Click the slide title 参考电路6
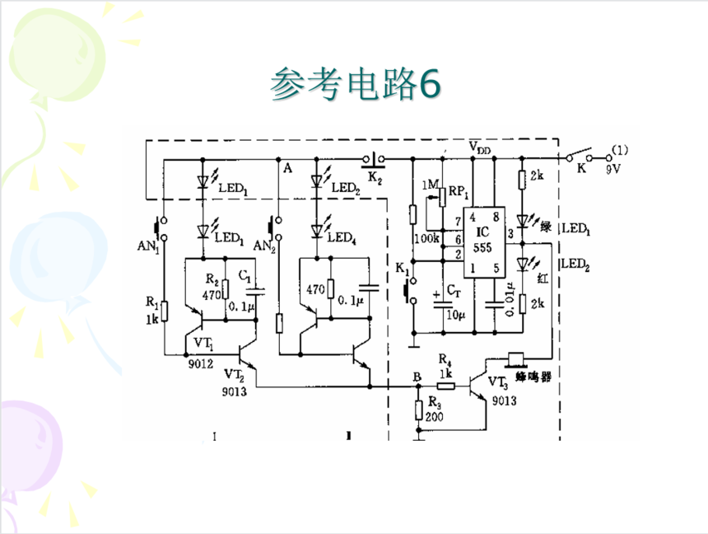356,84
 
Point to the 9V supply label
612,168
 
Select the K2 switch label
375,176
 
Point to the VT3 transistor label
497,382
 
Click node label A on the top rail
287,168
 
